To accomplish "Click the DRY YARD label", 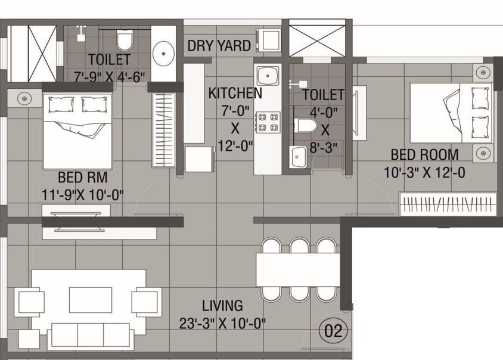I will click(219, 46).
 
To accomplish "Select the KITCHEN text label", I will click(235, 94).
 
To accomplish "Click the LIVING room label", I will click(222, 306).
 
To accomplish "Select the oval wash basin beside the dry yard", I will click(162, 53).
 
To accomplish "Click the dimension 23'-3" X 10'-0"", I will click(222, 324).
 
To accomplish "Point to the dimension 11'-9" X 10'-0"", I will click(83, 194).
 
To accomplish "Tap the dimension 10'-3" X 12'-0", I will click(425, 172).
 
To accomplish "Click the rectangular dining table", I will click(297, 270).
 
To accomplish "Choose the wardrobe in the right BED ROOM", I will click(448, 204).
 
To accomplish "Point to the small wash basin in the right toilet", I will click(298, 157).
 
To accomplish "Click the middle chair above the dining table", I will click(299, 246).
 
